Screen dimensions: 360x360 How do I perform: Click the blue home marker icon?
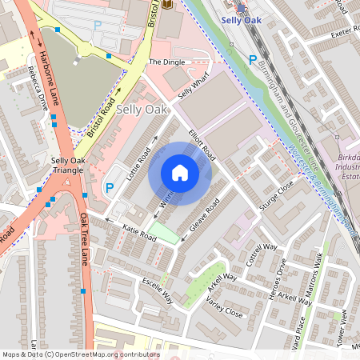(x=180, y=174)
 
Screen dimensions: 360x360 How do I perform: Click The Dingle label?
(x=166, y=62)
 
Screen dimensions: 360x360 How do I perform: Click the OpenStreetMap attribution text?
(x=80, y=354)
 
